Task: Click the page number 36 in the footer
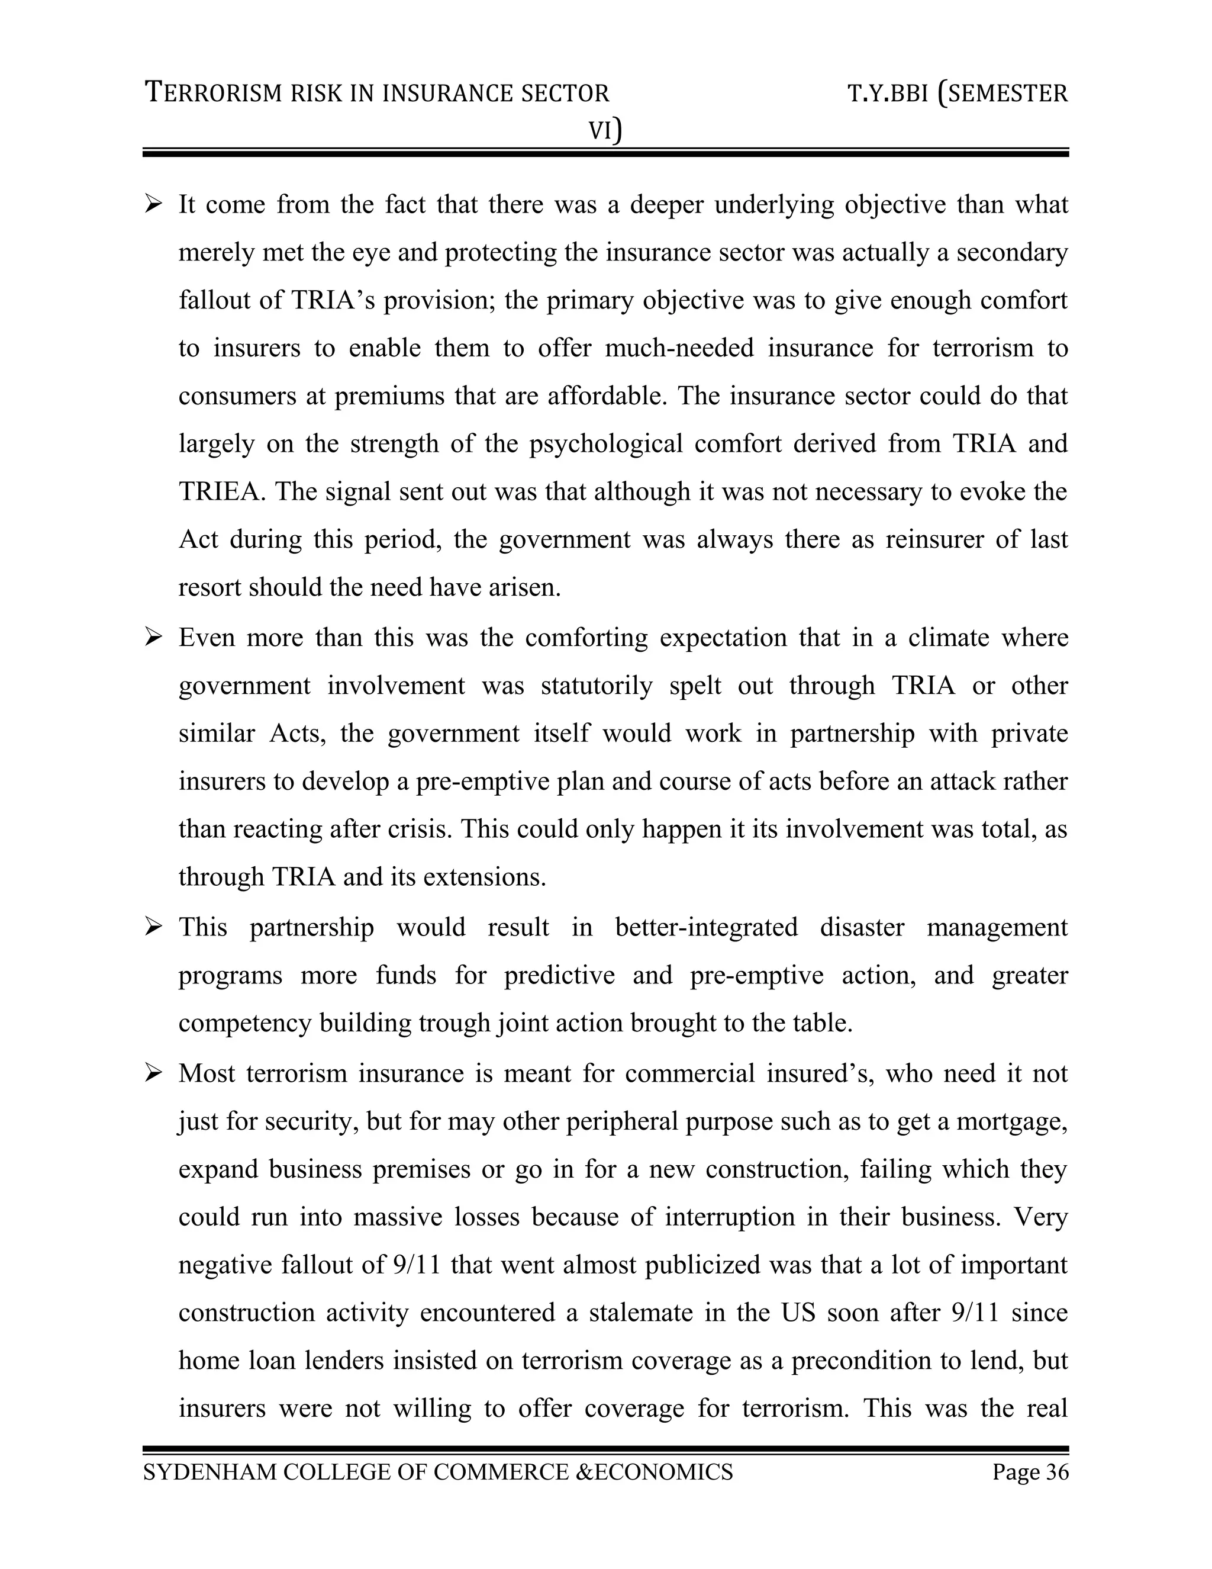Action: click(1057, 1472)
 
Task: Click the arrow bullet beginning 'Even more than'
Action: click(154, 638)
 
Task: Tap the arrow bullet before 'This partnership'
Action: click(154, 927)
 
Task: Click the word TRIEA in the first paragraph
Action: click(219, 492)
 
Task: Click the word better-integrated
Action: click(706, 927)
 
